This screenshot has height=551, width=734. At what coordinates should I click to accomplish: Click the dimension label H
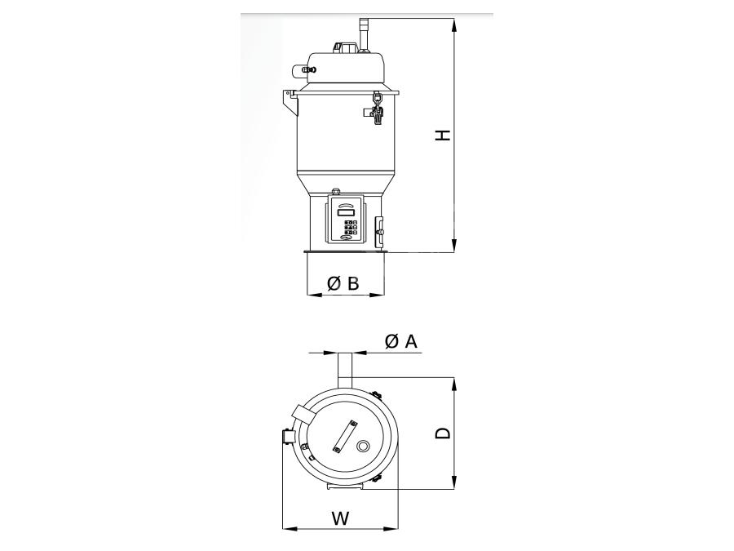tap(443, 135)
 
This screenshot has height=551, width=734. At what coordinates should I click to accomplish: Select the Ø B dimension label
tap(343, 283)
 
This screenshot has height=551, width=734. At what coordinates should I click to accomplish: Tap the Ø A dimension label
tap(400, 341)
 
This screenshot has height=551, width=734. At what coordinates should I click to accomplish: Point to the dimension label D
tap(443, 433)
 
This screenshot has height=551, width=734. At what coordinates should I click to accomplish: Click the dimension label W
tap(341, 518)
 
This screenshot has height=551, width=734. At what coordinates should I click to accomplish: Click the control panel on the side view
tap(346, 220)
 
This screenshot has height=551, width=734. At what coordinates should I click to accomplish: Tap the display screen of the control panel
tap(346, 211)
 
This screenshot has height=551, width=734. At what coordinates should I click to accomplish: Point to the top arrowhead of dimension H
tap(453, 24)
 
